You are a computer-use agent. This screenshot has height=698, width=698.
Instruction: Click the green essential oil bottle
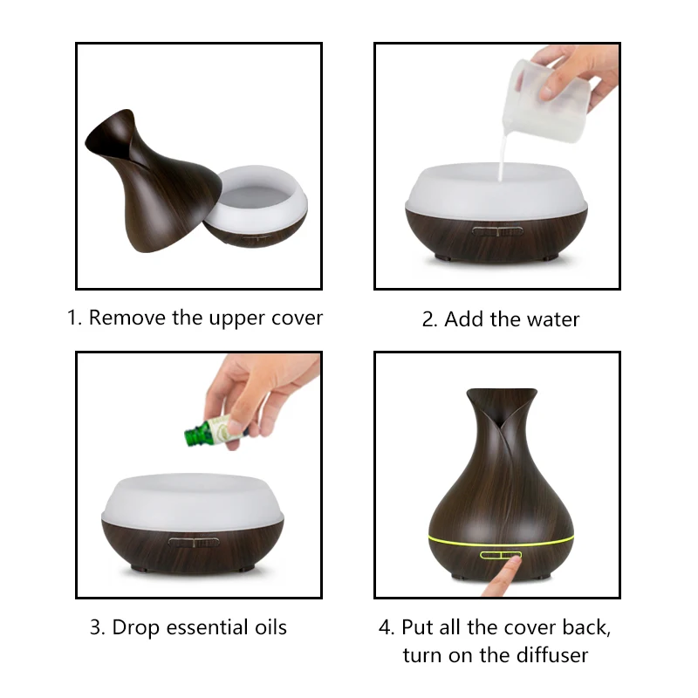pos(216,431)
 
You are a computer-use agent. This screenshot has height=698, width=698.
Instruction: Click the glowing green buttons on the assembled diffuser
pos(500,555)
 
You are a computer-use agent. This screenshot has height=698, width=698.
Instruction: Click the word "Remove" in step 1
pos(127,318)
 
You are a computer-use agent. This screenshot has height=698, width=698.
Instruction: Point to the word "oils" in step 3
pos(270,627)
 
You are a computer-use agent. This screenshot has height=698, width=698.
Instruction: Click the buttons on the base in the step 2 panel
pos(497,231)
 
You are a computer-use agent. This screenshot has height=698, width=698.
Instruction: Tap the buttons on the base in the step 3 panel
pos(194,542)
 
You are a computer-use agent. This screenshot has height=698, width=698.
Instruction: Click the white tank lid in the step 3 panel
pos(192,501)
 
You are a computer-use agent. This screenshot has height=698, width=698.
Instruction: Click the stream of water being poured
pos(503,157)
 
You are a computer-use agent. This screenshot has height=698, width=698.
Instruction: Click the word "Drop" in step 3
pos(135,628)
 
